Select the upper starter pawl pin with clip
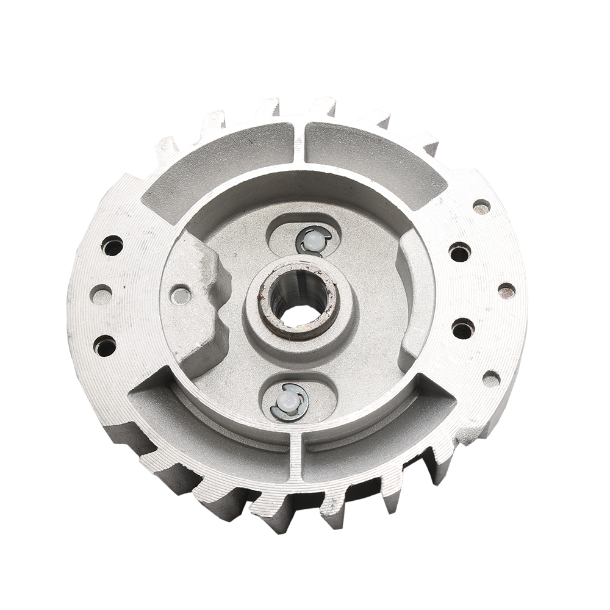click(314, 240)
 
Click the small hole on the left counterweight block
click(181, 295)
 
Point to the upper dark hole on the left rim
click(112, 246)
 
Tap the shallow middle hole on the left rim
click(101, 295)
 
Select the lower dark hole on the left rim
click(105, 346)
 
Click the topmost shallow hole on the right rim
click(481, 207)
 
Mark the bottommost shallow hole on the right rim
click(491, 379)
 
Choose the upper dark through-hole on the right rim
click(460, 251)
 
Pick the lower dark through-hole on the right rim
click(463, 329)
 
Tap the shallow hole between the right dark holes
click(506, 290)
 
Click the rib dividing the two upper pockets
click(299, 143)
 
